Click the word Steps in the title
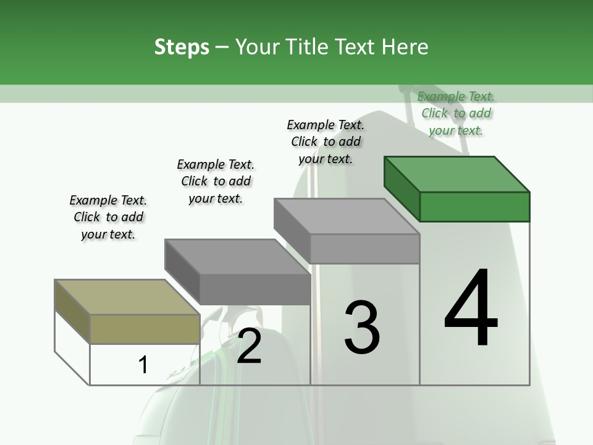click(x=181, y=48)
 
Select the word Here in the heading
click(x=405, y=48)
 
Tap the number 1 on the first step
click(x=143, y=365)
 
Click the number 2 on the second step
click(x=249, y=345)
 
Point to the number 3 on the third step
click(x=362, y=327)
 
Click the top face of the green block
click(x=457, y=174)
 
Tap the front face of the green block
click(x=474, y=206)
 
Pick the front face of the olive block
click(x=145, y=329)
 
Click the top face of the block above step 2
click(x=238, y=256)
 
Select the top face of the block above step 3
click(x=347, y=216)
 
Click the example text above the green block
click(x=456, y=113)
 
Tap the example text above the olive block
click(x=108, y=217)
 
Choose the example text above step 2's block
click(x=216, y=181)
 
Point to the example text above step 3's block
click(x=326, y=142)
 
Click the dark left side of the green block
click(x=402, y=189)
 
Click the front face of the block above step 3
click(x=364, y=249)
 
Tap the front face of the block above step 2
click(x=254, y=289)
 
